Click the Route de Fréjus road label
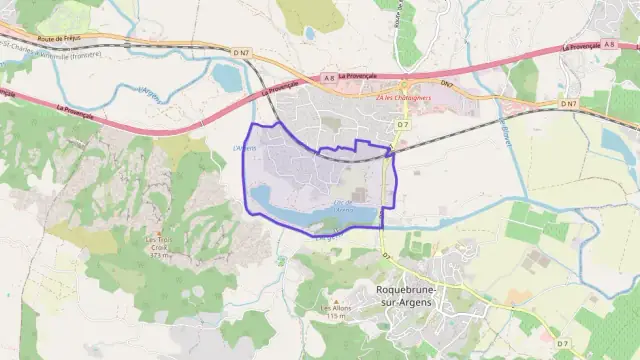[58, 37]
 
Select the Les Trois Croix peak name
[161, 243]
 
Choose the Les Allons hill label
[335, 307]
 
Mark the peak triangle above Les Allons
[335, 299]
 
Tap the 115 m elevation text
[335, 317]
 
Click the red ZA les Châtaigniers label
[402, 98]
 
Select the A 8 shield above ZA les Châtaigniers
[330, 77]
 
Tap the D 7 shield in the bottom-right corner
[563, 344]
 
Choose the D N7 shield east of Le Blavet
[568, 104]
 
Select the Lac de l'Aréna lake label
[343, 207]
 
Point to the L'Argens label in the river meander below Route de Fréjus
[150, 92]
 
